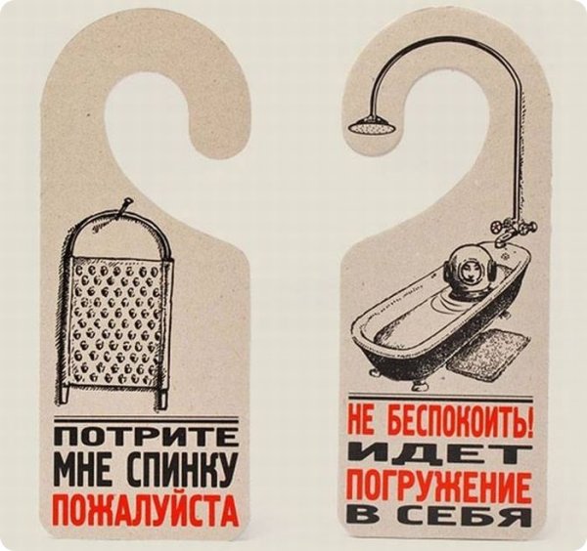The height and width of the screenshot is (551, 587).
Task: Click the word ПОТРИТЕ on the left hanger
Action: pyautogui.click(x=145, y=436)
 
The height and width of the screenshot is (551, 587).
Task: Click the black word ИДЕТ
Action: pyautogui.click(x=439, y=454)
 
